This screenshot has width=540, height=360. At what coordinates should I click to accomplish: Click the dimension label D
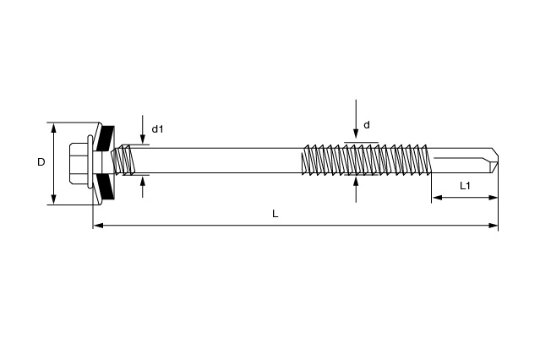pos(41,162)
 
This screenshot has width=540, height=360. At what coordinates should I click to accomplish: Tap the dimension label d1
pos(157,129)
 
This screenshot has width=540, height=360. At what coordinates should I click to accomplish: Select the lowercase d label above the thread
pos(367,125)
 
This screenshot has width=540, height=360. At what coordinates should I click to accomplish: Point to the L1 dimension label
pos(465,186)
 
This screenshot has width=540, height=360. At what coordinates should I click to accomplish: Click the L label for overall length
pos(275,214)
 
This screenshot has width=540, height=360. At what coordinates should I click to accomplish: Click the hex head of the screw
pos(78,162)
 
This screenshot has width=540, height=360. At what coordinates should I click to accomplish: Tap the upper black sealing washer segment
pos(106,138)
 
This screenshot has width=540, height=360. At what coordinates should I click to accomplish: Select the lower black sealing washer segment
pos(106,187)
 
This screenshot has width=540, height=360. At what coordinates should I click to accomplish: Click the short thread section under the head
pos(123,161)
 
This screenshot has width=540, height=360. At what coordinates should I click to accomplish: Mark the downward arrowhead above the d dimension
pos(356,134)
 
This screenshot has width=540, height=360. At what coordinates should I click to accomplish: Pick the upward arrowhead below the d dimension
pos(356,181)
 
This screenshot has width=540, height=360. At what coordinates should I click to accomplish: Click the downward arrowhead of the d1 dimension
pos(143,139)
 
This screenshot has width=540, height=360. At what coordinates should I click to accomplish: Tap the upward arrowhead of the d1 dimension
pos(143,181)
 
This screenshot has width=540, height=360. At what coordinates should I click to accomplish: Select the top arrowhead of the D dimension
pos(53,128)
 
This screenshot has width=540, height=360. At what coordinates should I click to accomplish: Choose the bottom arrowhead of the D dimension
pos(53,199)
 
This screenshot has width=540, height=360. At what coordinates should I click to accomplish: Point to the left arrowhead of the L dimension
pos(99,226)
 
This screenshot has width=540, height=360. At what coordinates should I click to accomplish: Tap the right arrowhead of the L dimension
pos(494,226)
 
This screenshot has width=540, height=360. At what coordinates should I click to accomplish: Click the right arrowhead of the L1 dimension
pos(494,198)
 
